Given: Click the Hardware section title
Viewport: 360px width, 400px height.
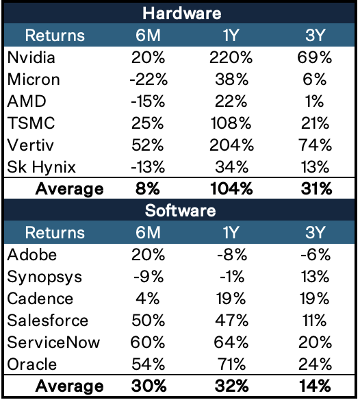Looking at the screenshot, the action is [x=182, y=13].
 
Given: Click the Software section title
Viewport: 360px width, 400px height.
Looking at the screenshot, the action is [x=180, y=211].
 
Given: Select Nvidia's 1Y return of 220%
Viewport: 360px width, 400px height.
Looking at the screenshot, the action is [x=231, y=58].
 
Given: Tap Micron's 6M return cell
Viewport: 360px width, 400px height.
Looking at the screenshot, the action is [x=149, y=79].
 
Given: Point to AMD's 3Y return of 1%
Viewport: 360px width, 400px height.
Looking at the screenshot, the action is [x=314, y=101].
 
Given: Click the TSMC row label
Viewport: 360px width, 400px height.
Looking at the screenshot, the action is [x=31, y=123].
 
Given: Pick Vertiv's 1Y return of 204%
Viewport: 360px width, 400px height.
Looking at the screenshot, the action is [x=231, y=145].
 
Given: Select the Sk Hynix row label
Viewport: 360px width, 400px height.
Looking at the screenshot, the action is [x=41, y=167].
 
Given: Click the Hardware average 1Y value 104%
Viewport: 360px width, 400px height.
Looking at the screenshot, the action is [x=231, y=189].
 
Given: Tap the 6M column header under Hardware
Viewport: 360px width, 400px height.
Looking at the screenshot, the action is [x=148, y=35].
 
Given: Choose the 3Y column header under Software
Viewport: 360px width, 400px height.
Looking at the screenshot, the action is [x=315, y=232].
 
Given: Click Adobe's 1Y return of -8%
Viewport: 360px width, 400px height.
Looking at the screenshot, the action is [x=232, y=255].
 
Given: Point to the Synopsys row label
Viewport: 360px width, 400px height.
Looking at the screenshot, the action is [x=44, y=277].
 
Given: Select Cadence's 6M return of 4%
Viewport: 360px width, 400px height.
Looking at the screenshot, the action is [x=148, y=299].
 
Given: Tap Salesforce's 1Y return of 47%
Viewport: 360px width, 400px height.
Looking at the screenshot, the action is [x=231, y=321].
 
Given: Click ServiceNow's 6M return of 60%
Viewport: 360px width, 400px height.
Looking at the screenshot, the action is [x=148, y=342].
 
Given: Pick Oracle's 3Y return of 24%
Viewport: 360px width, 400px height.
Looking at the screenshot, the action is [x=315, y=364].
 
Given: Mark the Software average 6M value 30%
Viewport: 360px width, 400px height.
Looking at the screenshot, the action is [x=149, y=386].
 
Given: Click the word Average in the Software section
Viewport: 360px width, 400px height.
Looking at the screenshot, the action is [x=69, y=386].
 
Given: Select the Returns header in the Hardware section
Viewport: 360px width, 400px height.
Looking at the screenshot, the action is [x=55, y=35].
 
